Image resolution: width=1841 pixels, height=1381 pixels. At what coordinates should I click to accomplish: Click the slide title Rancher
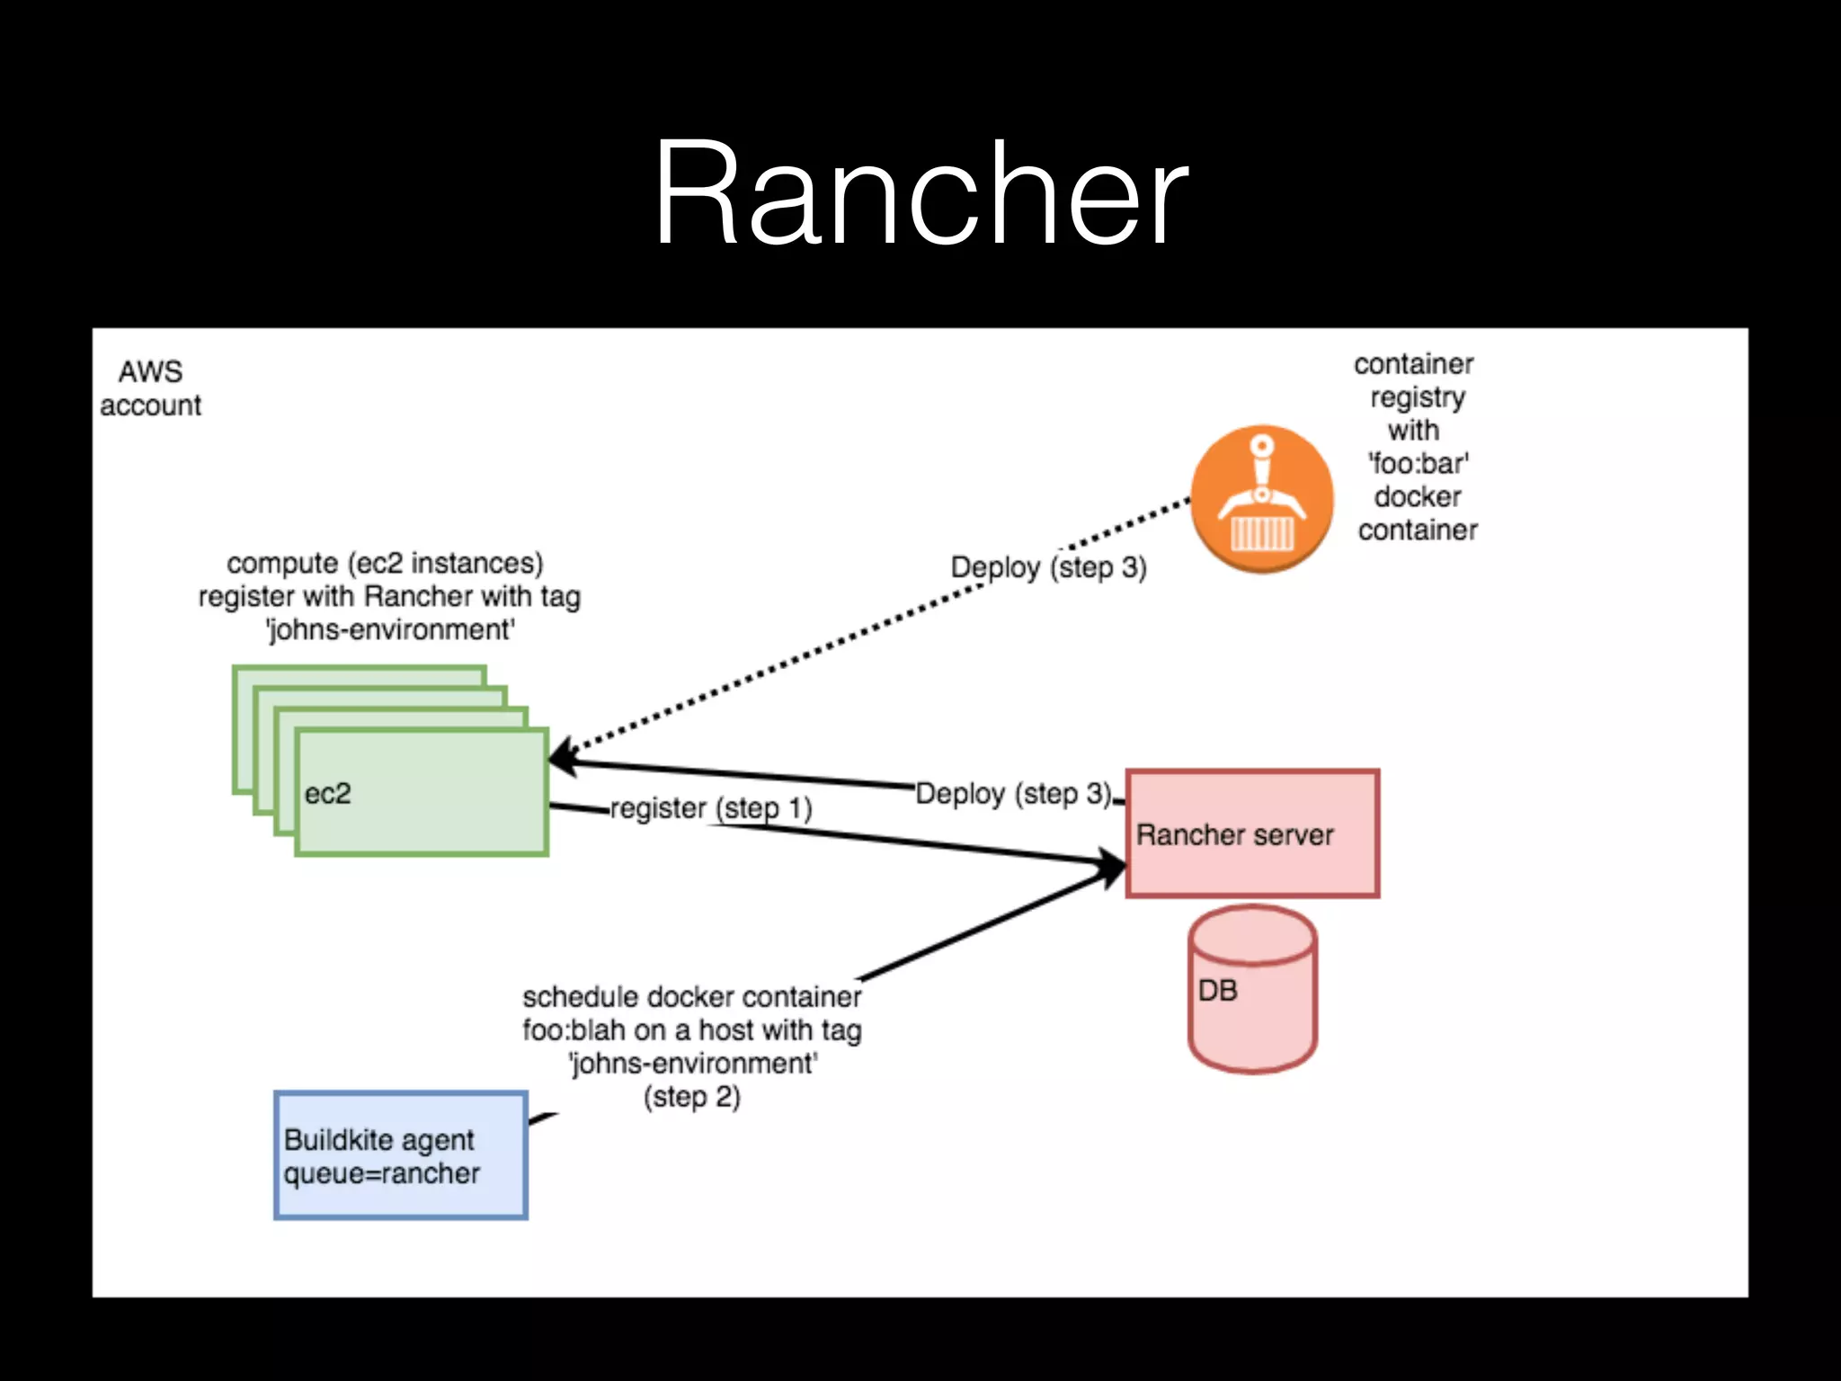920,193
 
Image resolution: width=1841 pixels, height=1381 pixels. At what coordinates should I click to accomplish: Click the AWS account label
150,388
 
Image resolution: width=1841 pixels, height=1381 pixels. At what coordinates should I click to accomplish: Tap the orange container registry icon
1261,499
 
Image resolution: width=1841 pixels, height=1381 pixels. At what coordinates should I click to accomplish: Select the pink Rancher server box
1252,833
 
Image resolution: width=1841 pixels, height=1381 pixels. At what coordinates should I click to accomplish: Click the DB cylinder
1252,989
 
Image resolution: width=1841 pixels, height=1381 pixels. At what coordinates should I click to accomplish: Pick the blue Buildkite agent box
401,1155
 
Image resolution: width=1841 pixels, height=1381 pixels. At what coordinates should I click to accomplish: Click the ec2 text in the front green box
327,794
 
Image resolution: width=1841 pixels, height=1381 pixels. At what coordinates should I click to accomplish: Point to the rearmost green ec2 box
360,675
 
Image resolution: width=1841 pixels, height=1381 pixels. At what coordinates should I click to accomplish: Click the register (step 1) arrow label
711,808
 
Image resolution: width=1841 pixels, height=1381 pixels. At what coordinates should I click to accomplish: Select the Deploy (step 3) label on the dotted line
1048,567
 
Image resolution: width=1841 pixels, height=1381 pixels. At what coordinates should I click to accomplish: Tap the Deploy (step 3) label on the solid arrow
1013,794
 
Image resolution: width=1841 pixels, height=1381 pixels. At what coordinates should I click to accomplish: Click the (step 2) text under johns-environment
691,1097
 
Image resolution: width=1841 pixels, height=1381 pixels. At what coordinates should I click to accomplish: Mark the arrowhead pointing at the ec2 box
561,757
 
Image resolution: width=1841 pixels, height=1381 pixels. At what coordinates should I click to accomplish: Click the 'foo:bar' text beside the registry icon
1418,464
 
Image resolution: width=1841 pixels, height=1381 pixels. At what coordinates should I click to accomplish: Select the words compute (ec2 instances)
385,564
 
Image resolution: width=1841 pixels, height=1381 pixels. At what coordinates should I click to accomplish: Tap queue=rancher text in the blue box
381,1173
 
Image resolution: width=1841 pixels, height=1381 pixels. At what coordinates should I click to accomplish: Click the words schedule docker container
691,997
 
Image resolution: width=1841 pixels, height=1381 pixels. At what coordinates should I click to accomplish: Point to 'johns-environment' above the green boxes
390,630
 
